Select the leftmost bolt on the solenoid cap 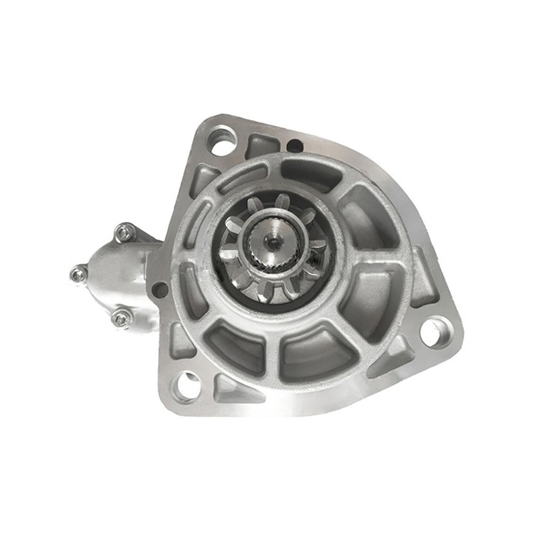coord(79,274)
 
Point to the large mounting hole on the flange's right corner coord(435,331)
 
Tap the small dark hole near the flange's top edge coord(293,144)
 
